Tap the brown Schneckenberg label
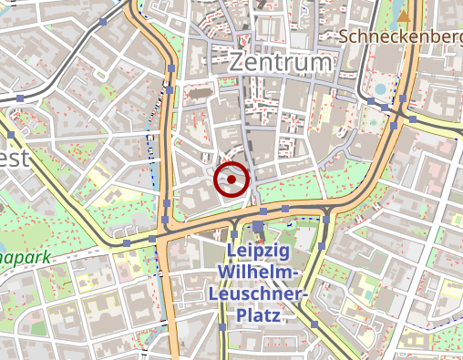tap(401, 36)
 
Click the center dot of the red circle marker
tap(232, 180)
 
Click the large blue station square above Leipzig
tap(259, 226)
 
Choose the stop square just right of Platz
tap(314, 324)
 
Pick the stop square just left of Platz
tap(221, 326)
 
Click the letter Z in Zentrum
tap(237, 62)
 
